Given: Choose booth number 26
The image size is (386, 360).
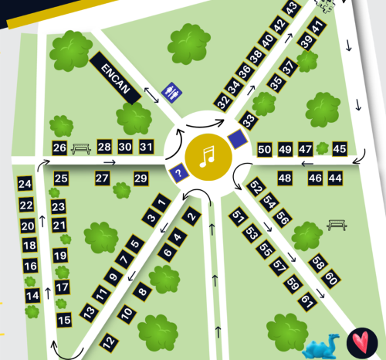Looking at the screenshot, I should (x=59, y=148).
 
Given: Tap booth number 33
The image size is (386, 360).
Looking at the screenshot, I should (x=248, y=121).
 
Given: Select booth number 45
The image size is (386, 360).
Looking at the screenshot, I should (x=339, y=149).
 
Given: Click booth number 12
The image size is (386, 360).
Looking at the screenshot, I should (x=109, y=340).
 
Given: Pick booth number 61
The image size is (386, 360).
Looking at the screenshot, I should (x=306, y=300).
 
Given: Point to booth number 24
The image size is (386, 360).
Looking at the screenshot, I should (x=25, y=184).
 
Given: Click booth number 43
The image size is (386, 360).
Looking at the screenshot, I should (x=291, y=8).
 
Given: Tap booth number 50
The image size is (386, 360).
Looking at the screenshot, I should (x=265, y=149).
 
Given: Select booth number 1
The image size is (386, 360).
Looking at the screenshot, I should (x=161, y=203).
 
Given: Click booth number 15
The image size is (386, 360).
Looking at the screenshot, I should (x=65, y=319).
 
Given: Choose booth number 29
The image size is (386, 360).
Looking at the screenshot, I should (x=141, y=178).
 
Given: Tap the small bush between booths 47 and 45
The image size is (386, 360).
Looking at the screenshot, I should (x=322, y=148).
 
